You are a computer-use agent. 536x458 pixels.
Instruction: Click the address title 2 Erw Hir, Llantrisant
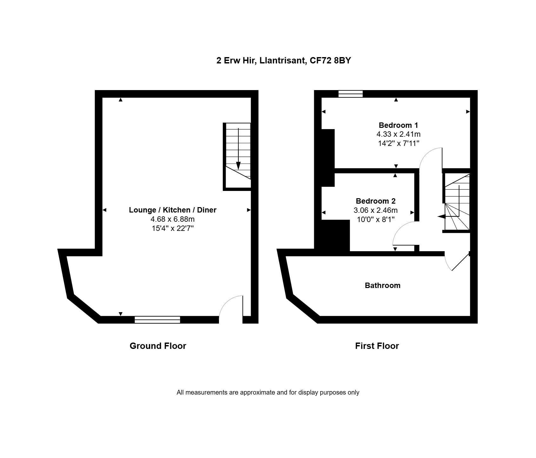click(283, 61)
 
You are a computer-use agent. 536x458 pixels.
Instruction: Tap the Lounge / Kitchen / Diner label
click(173, 210)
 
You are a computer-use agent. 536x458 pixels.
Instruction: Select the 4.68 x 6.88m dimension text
click(173, 219)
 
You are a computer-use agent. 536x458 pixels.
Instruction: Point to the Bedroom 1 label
click(399, 125)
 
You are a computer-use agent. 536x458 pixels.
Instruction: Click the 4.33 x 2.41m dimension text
click(399, 134)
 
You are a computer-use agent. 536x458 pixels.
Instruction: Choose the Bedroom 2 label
click(376, 201)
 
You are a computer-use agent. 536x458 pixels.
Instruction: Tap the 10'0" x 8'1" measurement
click(376, 219)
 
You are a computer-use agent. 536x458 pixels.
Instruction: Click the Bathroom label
click(383, 285)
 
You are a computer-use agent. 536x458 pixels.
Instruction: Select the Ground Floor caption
click(158, 346)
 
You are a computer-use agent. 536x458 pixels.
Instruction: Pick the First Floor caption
click(377, 346)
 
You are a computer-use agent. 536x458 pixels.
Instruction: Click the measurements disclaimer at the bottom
click(268, 392)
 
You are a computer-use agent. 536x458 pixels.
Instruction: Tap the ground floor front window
click(157, 320)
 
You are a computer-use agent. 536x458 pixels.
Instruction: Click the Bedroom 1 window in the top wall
click(350, 94)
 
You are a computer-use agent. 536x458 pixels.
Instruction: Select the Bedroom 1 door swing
click(431, 158)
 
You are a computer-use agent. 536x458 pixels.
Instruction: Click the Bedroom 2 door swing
click(404, 233)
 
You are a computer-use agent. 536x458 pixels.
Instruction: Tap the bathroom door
click(457, 262)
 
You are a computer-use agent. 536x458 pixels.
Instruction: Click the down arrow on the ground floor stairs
click(238, 149)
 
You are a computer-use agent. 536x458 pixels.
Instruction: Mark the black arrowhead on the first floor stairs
click(441, 217)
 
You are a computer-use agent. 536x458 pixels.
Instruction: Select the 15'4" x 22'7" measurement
click(173, 228)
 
